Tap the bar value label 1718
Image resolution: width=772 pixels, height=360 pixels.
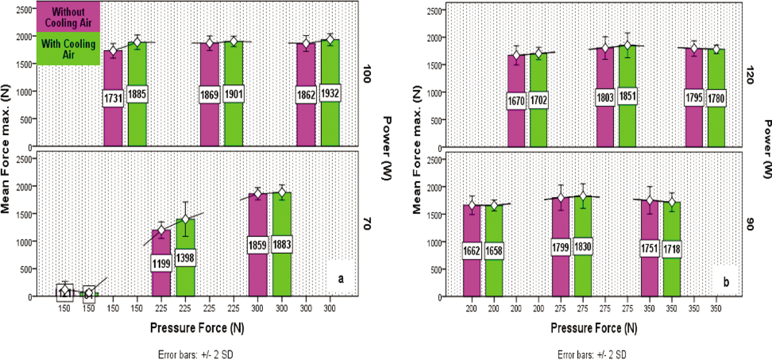[672, 250]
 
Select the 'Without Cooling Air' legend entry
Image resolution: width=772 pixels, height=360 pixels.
[68, 18]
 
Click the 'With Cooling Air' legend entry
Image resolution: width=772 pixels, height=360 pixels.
[68, 49]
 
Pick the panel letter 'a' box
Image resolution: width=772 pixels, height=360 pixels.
[341, 279]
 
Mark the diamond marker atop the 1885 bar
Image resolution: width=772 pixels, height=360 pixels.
[138, 42]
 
